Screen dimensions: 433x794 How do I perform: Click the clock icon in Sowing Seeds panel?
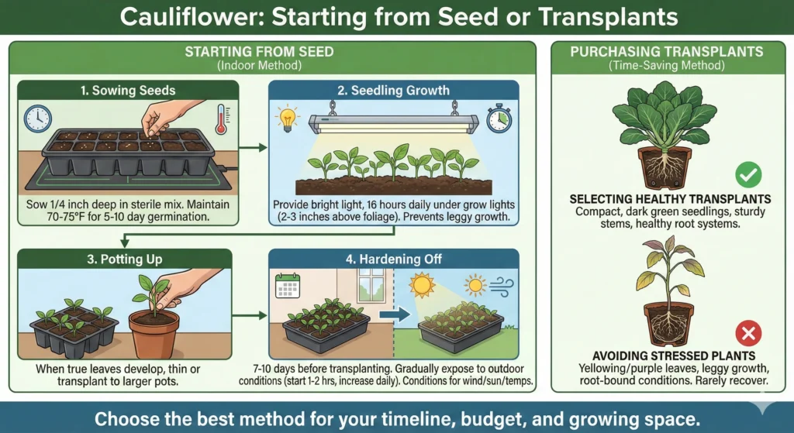tap(37, 119)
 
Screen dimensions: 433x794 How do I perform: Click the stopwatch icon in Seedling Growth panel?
tap(499, 119)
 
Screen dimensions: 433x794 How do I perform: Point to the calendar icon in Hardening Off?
tap(288, 287)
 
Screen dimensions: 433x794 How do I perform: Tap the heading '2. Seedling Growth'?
tap(393, 90)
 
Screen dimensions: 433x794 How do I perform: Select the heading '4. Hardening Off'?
tap(393, 259)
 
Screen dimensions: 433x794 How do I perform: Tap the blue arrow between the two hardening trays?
tap(389, 316)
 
